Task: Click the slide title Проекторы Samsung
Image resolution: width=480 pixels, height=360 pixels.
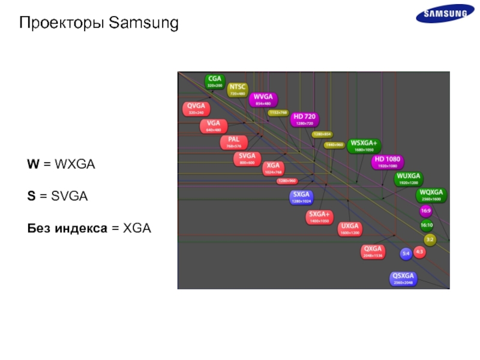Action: point(99,23)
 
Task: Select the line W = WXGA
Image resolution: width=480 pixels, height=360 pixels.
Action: point(61,164)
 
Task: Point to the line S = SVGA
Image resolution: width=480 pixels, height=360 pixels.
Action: point(57,196)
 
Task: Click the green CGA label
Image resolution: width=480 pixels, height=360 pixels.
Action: point(214,81)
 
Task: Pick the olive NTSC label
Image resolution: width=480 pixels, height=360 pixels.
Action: point(237,90)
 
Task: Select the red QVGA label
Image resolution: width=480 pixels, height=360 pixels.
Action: point(196,109)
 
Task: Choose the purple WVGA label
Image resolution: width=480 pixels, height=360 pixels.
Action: point(263,99)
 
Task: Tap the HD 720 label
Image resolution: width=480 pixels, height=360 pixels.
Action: point(305,119)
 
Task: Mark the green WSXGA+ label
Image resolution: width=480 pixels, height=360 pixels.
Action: point(364,146)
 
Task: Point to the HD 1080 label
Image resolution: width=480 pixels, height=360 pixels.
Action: point(388,162)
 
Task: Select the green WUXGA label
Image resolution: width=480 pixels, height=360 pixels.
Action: point(408,179)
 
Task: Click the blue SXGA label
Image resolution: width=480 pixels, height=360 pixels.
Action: point(301,197)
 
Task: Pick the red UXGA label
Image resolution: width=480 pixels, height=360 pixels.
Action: point(349,229)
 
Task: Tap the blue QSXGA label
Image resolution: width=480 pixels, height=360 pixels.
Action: point(403,278)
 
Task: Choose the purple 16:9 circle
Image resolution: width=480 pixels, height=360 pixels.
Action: point(426,211)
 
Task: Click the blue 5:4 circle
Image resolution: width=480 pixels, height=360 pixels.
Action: point(406,254)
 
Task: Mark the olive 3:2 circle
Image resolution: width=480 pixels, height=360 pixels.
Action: point(430,239)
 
